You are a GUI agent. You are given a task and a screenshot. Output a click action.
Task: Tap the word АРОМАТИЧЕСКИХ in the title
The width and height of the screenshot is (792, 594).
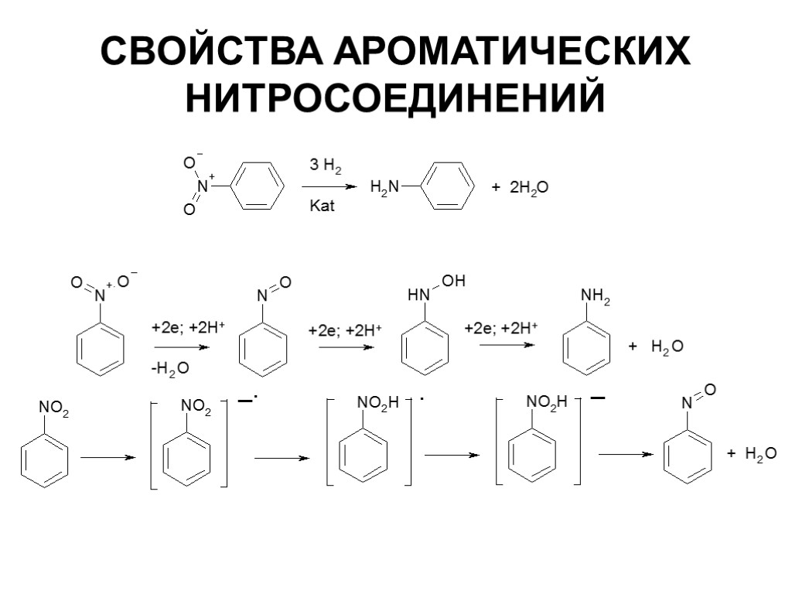(511, 52)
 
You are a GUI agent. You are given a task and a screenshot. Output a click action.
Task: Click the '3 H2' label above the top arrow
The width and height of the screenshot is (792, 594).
(326, 166)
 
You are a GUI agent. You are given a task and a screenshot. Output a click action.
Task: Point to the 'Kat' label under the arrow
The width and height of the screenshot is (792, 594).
(322, 208)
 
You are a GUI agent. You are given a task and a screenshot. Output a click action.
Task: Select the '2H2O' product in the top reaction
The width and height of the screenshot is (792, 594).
(529, 187)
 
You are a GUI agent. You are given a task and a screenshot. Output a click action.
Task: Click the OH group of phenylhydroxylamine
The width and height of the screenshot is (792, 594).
(454, 282)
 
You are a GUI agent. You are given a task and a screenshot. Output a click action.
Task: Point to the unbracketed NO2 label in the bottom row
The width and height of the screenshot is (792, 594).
(53, 408)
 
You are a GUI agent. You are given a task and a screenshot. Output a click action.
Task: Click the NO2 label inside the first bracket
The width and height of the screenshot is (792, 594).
(196, 408)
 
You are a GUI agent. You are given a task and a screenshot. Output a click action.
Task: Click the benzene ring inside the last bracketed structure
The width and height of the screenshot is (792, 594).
(532, 456)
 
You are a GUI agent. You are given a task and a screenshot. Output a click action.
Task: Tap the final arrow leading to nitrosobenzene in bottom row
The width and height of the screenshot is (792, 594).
(626, 455)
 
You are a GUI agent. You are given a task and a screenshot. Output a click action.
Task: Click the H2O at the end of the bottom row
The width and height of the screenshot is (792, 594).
(760, 454)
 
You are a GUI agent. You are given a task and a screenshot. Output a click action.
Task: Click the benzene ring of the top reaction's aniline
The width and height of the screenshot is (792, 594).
(451, 186)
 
